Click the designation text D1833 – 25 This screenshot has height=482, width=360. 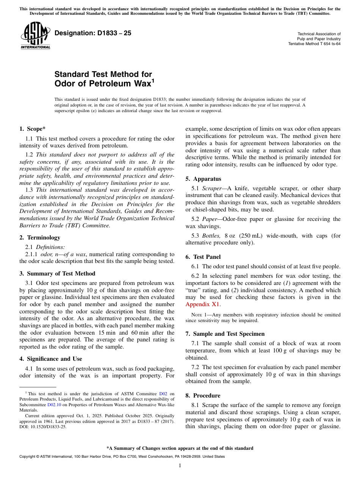(x=93, y=33)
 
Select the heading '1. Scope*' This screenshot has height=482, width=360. (x=33, y=129)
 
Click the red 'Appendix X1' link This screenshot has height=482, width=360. (x=202, y=304)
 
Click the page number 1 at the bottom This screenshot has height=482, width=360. (x=180, y=466)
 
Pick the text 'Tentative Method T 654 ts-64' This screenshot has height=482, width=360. (x=314, y=44)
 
